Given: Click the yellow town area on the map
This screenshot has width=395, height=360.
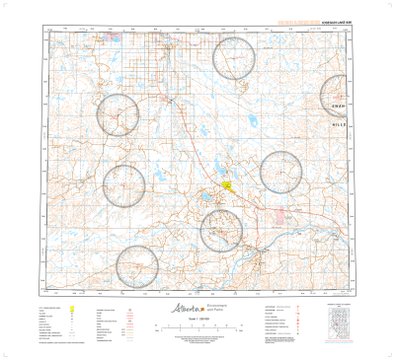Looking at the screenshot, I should click(227, 181).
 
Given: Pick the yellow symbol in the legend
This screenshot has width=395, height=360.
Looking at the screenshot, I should click(72, 309).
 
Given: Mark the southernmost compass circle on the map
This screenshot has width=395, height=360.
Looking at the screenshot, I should click(137, 267).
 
